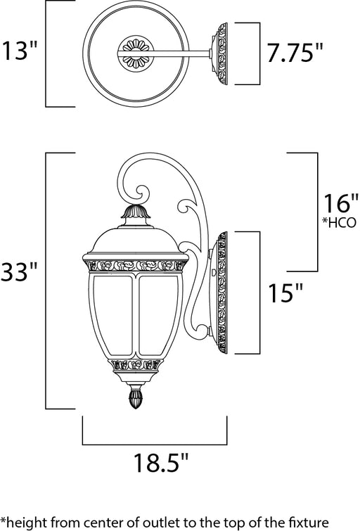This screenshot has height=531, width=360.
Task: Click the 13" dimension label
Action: click(x=19, y=51)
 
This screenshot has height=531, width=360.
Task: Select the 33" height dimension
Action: click(x=18, y=271)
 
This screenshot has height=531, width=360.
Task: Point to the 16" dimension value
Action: click(x=341, y=203)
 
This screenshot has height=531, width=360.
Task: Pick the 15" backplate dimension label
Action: click(x=285, y=293)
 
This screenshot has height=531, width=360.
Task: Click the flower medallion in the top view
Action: click(x=136, y=53)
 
